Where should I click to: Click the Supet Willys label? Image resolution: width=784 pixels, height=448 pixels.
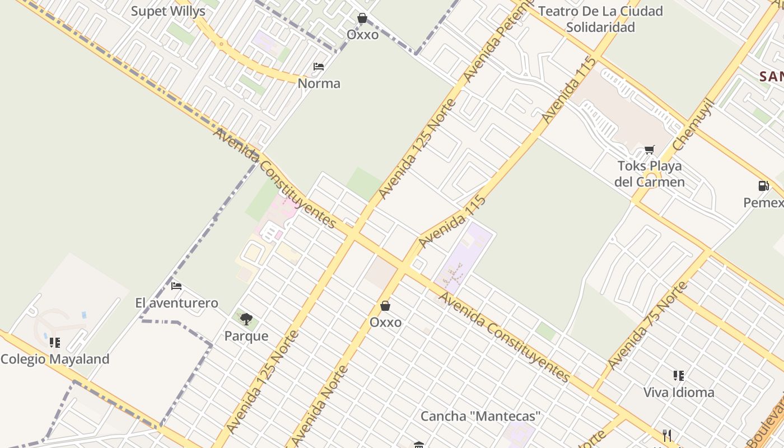click(x=168, y=11)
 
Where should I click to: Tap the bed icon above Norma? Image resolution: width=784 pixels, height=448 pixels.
click(x=319, y=67)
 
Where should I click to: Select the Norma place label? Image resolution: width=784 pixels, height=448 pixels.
click(x=319, y=83)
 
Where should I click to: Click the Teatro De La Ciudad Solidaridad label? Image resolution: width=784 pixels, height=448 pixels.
click(x=600, y=19)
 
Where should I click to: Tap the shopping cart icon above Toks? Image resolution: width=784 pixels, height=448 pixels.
click(x=649, y=150)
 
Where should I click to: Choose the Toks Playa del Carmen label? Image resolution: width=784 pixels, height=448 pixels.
click(x=650, y=174)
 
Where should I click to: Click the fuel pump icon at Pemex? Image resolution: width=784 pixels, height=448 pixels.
click(x=763, y=186)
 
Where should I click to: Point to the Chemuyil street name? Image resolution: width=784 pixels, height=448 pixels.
click(x=694, y=124)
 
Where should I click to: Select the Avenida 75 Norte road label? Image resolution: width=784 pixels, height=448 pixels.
click(x=647, y=325)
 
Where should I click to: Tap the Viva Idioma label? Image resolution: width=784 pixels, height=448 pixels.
click(x=679, y=393)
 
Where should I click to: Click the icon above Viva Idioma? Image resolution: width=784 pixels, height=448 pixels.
click(x=679, y=375)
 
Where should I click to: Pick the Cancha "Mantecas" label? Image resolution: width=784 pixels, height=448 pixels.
click(x=480, y=416)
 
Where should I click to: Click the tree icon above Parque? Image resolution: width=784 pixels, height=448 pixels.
click(x=246, y=319)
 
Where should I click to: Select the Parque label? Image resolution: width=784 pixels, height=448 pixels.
click(x=246, y=336)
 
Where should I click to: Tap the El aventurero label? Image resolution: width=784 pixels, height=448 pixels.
click(x=176, y=303)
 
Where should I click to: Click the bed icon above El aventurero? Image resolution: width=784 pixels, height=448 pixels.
click(x=176, y=286)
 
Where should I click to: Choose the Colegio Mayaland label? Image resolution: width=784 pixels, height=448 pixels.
click(x=55, y=359)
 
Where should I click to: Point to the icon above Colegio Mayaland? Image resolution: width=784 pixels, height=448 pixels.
click(x=54, y=342)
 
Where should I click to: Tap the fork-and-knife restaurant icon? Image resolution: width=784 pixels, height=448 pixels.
click(x=666, y=435)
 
